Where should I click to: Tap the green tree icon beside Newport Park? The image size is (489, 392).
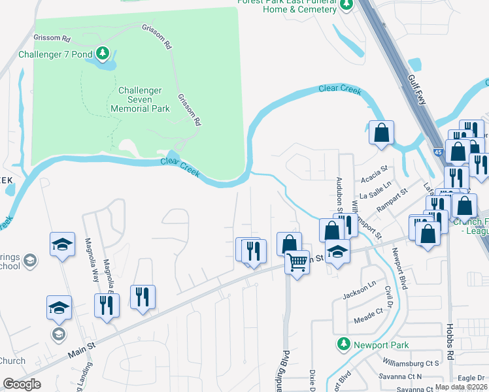(x=343, y=344)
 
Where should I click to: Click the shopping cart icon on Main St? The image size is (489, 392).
(x=297, y=263)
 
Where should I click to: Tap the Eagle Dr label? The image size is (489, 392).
(x=471, y=378)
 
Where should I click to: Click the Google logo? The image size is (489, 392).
(x=22, y=384)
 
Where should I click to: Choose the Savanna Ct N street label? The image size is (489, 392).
(x=400, y=377)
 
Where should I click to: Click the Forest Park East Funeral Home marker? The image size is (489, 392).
(x=345, y=5)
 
